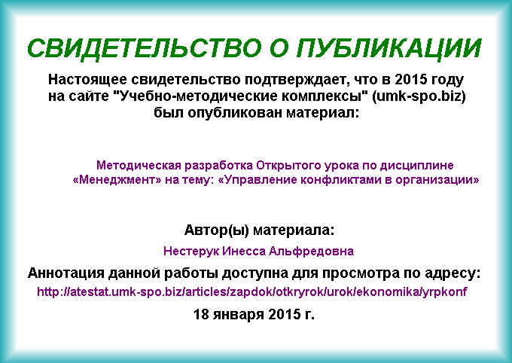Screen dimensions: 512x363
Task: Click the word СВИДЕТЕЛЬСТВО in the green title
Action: [145, 48]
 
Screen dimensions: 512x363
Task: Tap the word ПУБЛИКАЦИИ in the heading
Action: [389, 48]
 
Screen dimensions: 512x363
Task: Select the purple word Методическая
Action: [139, 166]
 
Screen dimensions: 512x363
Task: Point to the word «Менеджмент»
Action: [117, 180]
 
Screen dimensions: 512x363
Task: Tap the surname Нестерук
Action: [191, 251]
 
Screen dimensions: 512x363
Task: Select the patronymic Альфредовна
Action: [311, 251]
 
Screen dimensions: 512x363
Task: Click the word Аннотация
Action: [66, 273]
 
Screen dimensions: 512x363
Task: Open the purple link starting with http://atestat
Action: [251, 291]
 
